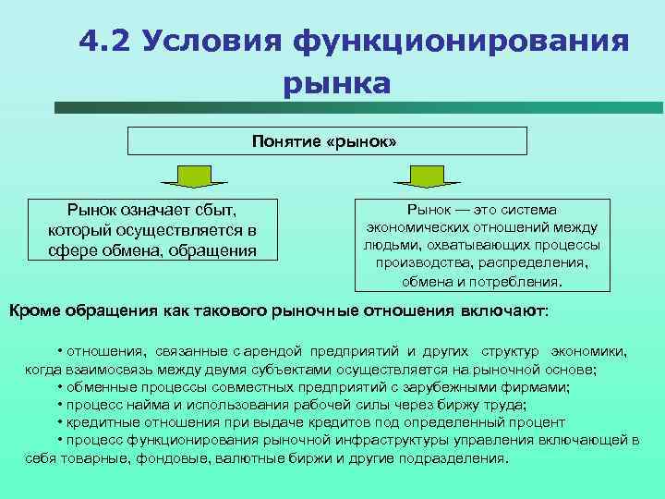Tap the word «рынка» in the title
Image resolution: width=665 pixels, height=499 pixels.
click(337, 84)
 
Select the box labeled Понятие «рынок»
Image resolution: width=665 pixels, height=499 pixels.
click(326, 141)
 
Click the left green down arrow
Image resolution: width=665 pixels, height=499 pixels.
click(194, 175)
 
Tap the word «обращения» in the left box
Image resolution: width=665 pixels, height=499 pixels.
click(212, 249)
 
